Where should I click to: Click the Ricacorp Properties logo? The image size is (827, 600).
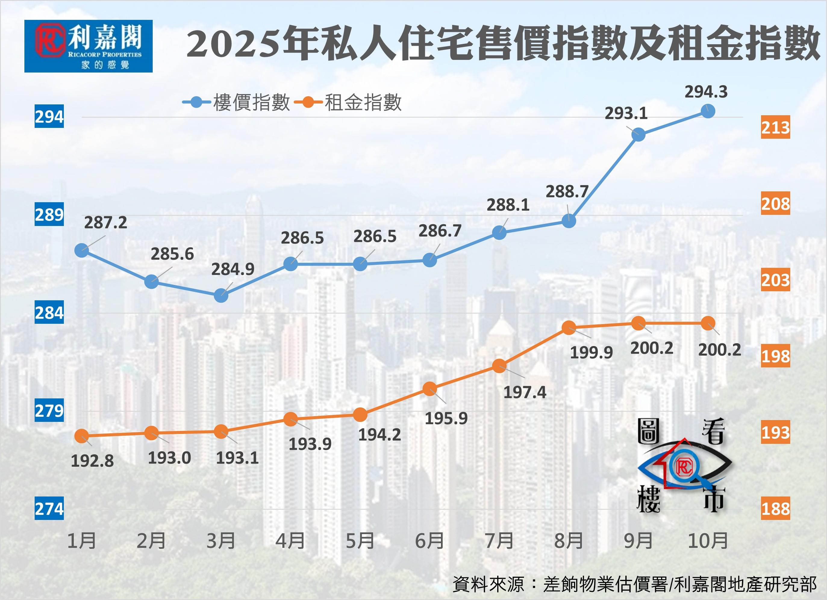(x=88, y=46)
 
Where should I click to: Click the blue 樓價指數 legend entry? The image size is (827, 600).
(x=236, y=102)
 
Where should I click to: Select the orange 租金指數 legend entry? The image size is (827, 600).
(x=348, y=102)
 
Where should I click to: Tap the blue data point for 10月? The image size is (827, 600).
(x=708, y=111)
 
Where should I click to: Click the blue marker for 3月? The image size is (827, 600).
(x=221, y=295)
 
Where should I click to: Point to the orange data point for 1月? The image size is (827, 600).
(x=82, y=436)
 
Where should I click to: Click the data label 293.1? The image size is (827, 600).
(x=626, y=114)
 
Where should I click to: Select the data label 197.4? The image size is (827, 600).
(x=525, y=392)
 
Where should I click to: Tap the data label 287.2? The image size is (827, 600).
(x=105, y=223)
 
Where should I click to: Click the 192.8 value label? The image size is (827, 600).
(x=92, y=461)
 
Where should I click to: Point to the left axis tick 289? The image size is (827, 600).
(x=49, y=215)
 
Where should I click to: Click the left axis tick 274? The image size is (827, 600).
(x=49, y=509)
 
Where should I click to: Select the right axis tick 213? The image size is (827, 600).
(x=775, y=128)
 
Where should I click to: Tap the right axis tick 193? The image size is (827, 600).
(x=775, y=432)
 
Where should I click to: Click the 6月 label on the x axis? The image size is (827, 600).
(x=429, y=541)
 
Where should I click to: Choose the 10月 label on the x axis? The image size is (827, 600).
(x=708, y=541)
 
